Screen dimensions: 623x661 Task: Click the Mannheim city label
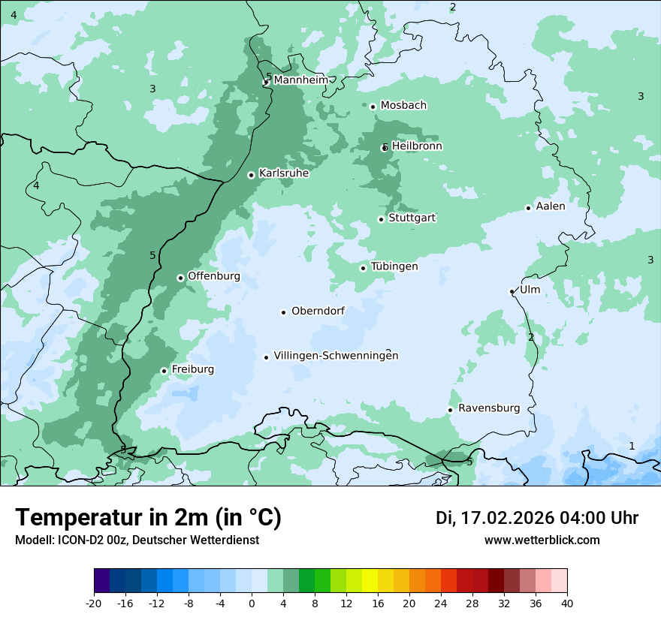point(300,80)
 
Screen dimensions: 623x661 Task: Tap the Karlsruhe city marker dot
point(252,175)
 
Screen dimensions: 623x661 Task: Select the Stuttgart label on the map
point(412,218)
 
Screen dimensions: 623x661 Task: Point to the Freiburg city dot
point(164,371)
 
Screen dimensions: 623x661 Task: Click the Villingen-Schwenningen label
point(336,356)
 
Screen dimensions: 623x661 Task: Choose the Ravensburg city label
point(488,408)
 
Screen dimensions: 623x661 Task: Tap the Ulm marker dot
point(512,291)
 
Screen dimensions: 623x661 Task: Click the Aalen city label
point(551,206)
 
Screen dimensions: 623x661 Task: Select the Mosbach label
point(403,105)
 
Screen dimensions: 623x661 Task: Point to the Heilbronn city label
point(417,146)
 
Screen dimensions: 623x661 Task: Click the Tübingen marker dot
point(364,268)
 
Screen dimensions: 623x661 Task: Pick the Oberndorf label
point(318,311)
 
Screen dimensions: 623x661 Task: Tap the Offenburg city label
point(214,276)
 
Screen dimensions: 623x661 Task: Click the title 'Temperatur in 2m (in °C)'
point(148,518)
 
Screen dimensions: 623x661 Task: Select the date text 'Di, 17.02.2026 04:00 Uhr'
point(537,518)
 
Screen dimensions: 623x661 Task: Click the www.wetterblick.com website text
point(542,540)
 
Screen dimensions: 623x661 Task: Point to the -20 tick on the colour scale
point(94,603)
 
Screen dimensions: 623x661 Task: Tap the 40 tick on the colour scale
point(567,603)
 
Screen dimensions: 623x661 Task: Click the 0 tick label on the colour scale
point(252,603)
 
